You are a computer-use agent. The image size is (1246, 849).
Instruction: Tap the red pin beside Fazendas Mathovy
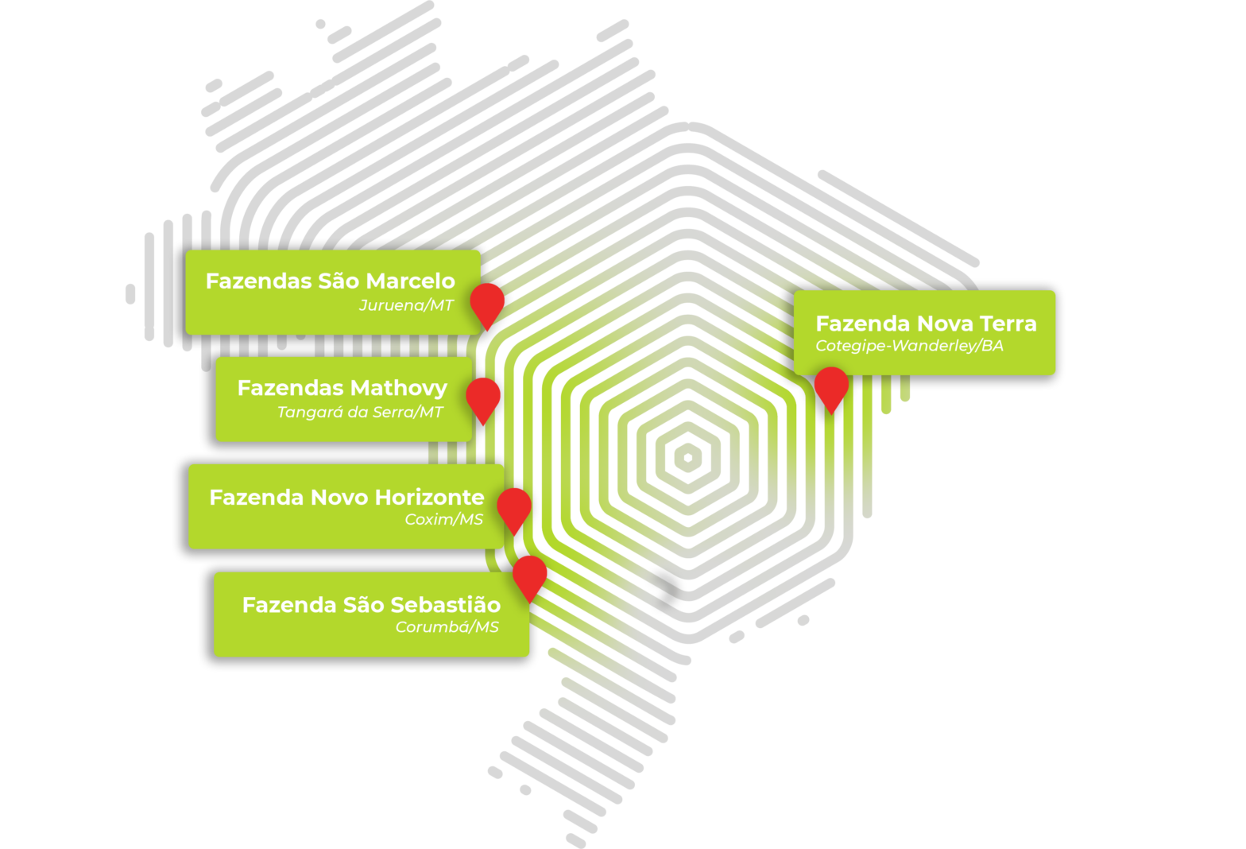tap(482, 397)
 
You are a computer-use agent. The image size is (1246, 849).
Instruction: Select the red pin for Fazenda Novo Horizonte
tap(514, 506)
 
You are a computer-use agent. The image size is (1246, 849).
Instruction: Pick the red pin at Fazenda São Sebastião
tap(529, 574)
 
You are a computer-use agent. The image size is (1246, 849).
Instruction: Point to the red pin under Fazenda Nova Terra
tap(831, 386)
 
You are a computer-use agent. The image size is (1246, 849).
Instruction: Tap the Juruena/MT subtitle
tap(406, 305)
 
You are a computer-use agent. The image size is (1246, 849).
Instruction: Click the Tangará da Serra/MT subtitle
tap(360, 413)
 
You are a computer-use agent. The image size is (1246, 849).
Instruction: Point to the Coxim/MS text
tap(443, 520)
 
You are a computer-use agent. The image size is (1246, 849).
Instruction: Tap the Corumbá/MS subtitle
tap(447, 627)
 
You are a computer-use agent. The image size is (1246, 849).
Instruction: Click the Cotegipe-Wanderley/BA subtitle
tap(909, 346)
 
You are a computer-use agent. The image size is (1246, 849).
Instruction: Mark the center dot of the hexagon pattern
tap(688, 457)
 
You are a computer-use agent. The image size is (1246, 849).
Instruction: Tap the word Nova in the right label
tap(945, 324)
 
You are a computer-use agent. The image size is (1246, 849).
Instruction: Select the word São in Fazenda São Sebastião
tap(363, 605)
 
